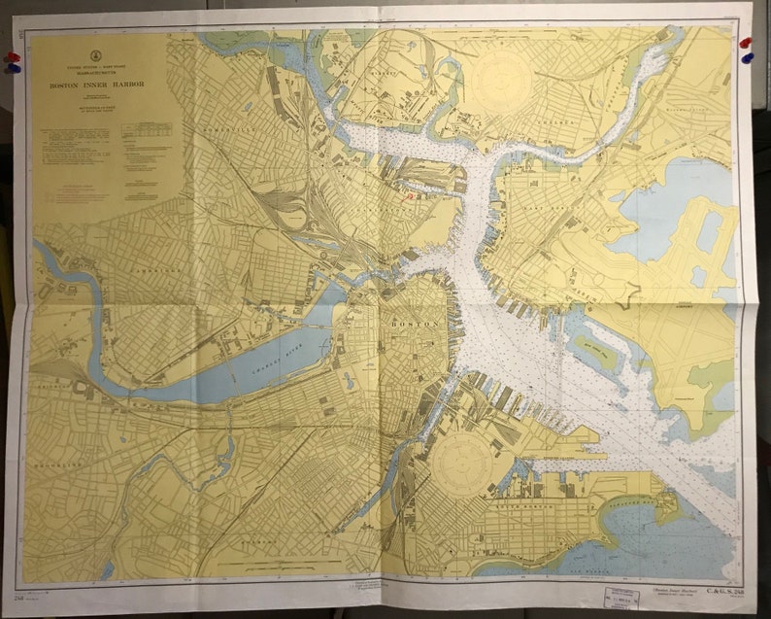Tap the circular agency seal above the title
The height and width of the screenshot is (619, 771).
pos(95,53)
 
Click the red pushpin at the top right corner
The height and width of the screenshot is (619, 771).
pos(745,43)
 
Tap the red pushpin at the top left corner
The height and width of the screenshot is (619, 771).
pos(12,56)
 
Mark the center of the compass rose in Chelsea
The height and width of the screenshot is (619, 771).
pos(505,79)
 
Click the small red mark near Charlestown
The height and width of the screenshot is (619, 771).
pos(411,193)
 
